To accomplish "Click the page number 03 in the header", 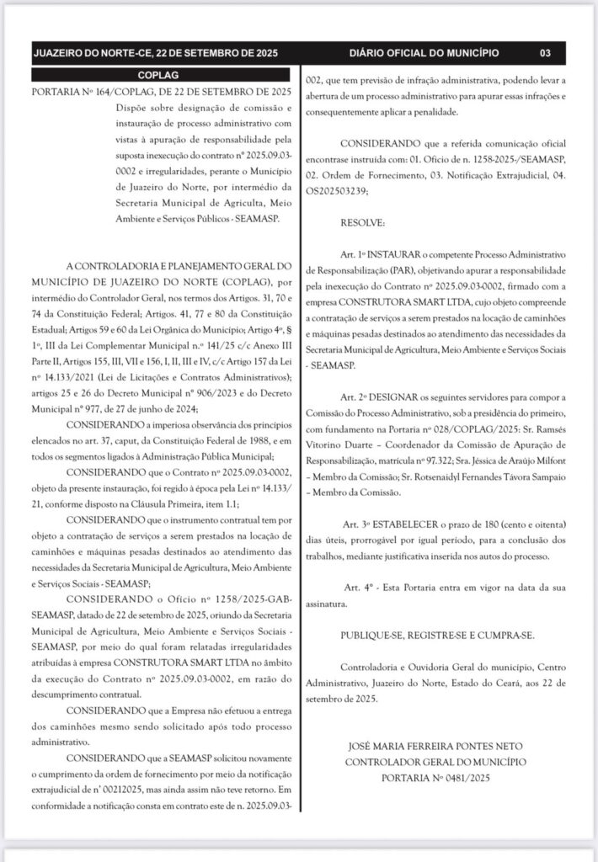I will point(545,54).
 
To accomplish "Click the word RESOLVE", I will point(362,222).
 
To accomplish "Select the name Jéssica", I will point(489,461).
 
